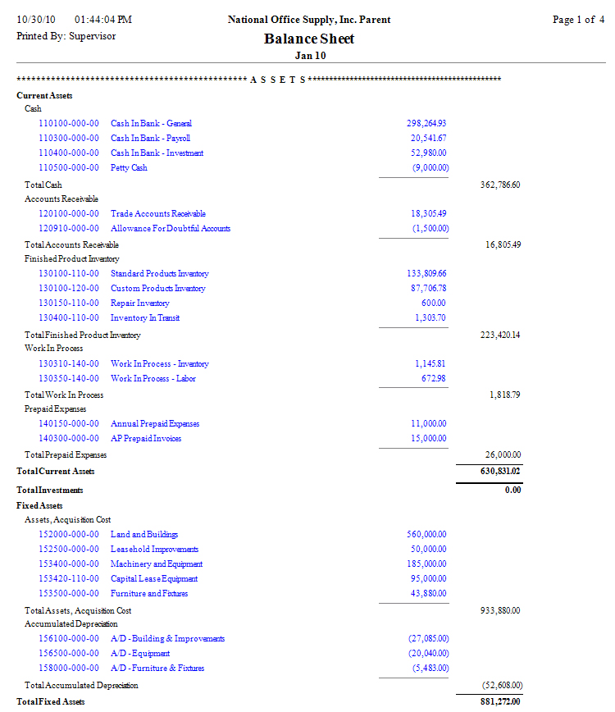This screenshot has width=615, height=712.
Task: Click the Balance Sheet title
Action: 309,39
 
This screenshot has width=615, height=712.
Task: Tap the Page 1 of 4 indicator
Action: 578,20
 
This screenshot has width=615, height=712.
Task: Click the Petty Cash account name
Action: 130,168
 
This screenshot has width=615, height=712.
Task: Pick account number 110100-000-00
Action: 69,124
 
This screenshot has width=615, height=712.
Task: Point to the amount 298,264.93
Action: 426,124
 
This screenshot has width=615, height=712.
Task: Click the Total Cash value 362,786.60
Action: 499,185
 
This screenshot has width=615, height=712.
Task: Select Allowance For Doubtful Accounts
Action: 171,229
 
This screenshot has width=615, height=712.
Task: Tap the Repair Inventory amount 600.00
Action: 433,304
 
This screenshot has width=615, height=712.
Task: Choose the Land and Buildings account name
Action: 144,535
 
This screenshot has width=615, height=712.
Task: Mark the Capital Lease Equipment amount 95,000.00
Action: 426,579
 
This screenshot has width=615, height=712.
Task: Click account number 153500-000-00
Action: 69,594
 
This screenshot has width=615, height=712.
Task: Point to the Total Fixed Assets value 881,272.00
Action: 499,702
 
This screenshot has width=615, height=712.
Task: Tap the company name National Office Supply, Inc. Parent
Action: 309,20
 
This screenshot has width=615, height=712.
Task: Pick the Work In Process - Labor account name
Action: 153,379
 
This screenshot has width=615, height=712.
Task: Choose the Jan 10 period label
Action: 309,55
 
